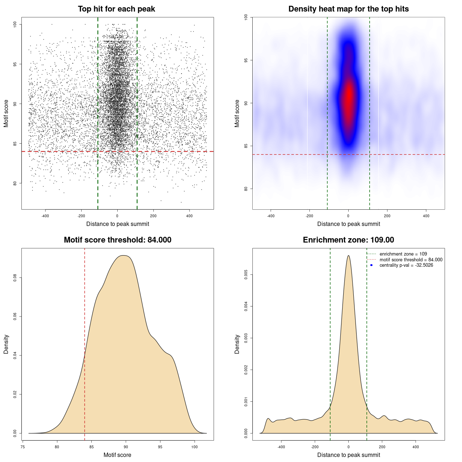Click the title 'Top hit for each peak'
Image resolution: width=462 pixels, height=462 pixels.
[116, 9]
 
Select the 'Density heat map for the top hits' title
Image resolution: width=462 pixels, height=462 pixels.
[348, 9]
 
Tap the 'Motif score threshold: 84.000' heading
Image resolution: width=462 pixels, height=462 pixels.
[117, 240]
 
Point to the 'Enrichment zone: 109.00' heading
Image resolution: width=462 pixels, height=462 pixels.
[348, 240]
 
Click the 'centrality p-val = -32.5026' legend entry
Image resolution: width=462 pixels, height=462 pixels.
[406, 265]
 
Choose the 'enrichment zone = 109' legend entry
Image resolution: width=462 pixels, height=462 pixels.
[403, 254]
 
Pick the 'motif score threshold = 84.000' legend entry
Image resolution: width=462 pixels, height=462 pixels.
[411, 260]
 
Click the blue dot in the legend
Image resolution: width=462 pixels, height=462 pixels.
[371, 265]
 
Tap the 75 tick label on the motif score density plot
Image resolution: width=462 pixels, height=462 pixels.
[23, 447]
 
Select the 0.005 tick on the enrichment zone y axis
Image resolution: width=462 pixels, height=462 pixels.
[246, 275]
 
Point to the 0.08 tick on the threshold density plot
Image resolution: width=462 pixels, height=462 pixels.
[15, 278]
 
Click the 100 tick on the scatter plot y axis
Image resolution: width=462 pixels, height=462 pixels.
[15, 24]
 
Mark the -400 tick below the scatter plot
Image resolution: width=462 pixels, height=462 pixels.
[45, 216]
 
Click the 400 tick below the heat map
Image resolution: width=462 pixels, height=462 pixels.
[426, 216]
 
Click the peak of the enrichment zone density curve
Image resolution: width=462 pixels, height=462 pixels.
[348, 256]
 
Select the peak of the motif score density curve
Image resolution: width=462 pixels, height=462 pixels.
[123, 256]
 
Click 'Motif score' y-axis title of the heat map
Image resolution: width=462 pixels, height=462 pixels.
[237, 113]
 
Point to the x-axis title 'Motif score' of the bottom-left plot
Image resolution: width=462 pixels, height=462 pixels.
[117, 455]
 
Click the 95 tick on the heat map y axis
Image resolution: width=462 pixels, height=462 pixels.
[246, 60]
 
